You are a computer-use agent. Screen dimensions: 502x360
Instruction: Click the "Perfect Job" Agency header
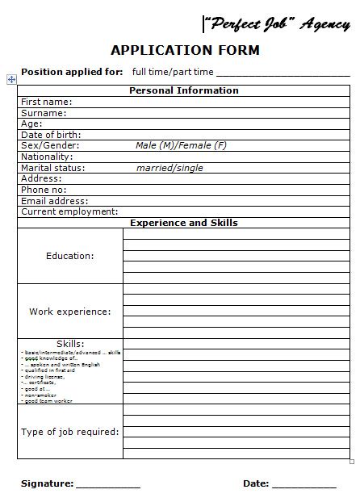coord(275,24)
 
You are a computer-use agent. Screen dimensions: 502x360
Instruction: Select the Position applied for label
coord(72,72)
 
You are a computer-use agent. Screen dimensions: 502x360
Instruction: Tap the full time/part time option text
coord(173,72)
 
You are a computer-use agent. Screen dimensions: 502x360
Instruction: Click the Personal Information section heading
coord(184,90)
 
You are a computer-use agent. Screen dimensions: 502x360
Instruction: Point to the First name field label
coord(46,102)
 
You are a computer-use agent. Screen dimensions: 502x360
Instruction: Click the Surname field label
coord(44,113)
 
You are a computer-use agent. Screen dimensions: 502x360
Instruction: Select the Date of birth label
coord(51,135)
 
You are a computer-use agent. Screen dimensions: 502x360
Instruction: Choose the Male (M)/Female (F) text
coord(181,146)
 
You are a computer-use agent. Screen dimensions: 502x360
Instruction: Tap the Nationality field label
coord(47,157)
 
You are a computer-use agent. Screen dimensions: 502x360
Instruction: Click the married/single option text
coord(170,168)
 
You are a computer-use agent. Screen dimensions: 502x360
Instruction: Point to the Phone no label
coord(44,190)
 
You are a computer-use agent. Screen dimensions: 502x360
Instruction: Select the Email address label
coord(55,201)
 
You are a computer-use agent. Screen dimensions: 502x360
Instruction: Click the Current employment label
coord(69,211)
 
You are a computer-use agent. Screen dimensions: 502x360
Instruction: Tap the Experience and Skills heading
coord(184,223)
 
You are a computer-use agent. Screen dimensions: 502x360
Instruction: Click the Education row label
coord(70,256)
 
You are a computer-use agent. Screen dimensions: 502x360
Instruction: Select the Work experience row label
coord(70,311)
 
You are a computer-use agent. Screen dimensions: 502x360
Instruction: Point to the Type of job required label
coord(70,432)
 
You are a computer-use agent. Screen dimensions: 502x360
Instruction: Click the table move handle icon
coord(11,79)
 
